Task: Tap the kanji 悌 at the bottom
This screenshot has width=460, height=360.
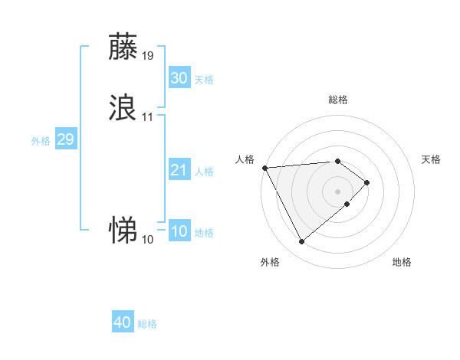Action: pos(123,229)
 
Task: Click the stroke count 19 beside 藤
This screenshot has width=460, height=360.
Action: pos(148,55)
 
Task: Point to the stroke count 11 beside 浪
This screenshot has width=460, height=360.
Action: pos(148,116)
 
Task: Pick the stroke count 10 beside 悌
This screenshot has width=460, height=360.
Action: pos(148,239)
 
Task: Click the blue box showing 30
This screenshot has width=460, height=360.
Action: pos(179,78)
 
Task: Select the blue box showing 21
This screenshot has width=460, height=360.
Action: pos(179,170)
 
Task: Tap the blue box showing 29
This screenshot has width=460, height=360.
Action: pos(65,139)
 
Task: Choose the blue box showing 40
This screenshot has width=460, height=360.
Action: pos(123,322)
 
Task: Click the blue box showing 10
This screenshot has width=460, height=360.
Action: pos(179,231)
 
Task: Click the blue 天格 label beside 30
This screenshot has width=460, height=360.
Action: pos(204,80)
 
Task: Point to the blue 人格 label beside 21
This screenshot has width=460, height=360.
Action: pos(204,172)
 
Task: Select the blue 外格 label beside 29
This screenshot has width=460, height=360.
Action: pos(41,141)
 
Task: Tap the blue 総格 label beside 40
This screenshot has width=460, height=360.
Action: pos(147,324)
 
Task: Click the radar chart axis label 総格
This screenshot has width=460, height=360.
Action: pos(338,100)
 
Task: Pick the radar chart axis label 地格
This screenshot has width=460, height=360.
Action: pos(402,263)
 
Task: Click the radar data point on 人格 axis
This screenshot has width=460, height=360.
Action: pos(264,168)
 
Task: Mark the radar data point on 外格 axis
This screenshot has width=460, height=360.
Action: pos(301,242)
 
